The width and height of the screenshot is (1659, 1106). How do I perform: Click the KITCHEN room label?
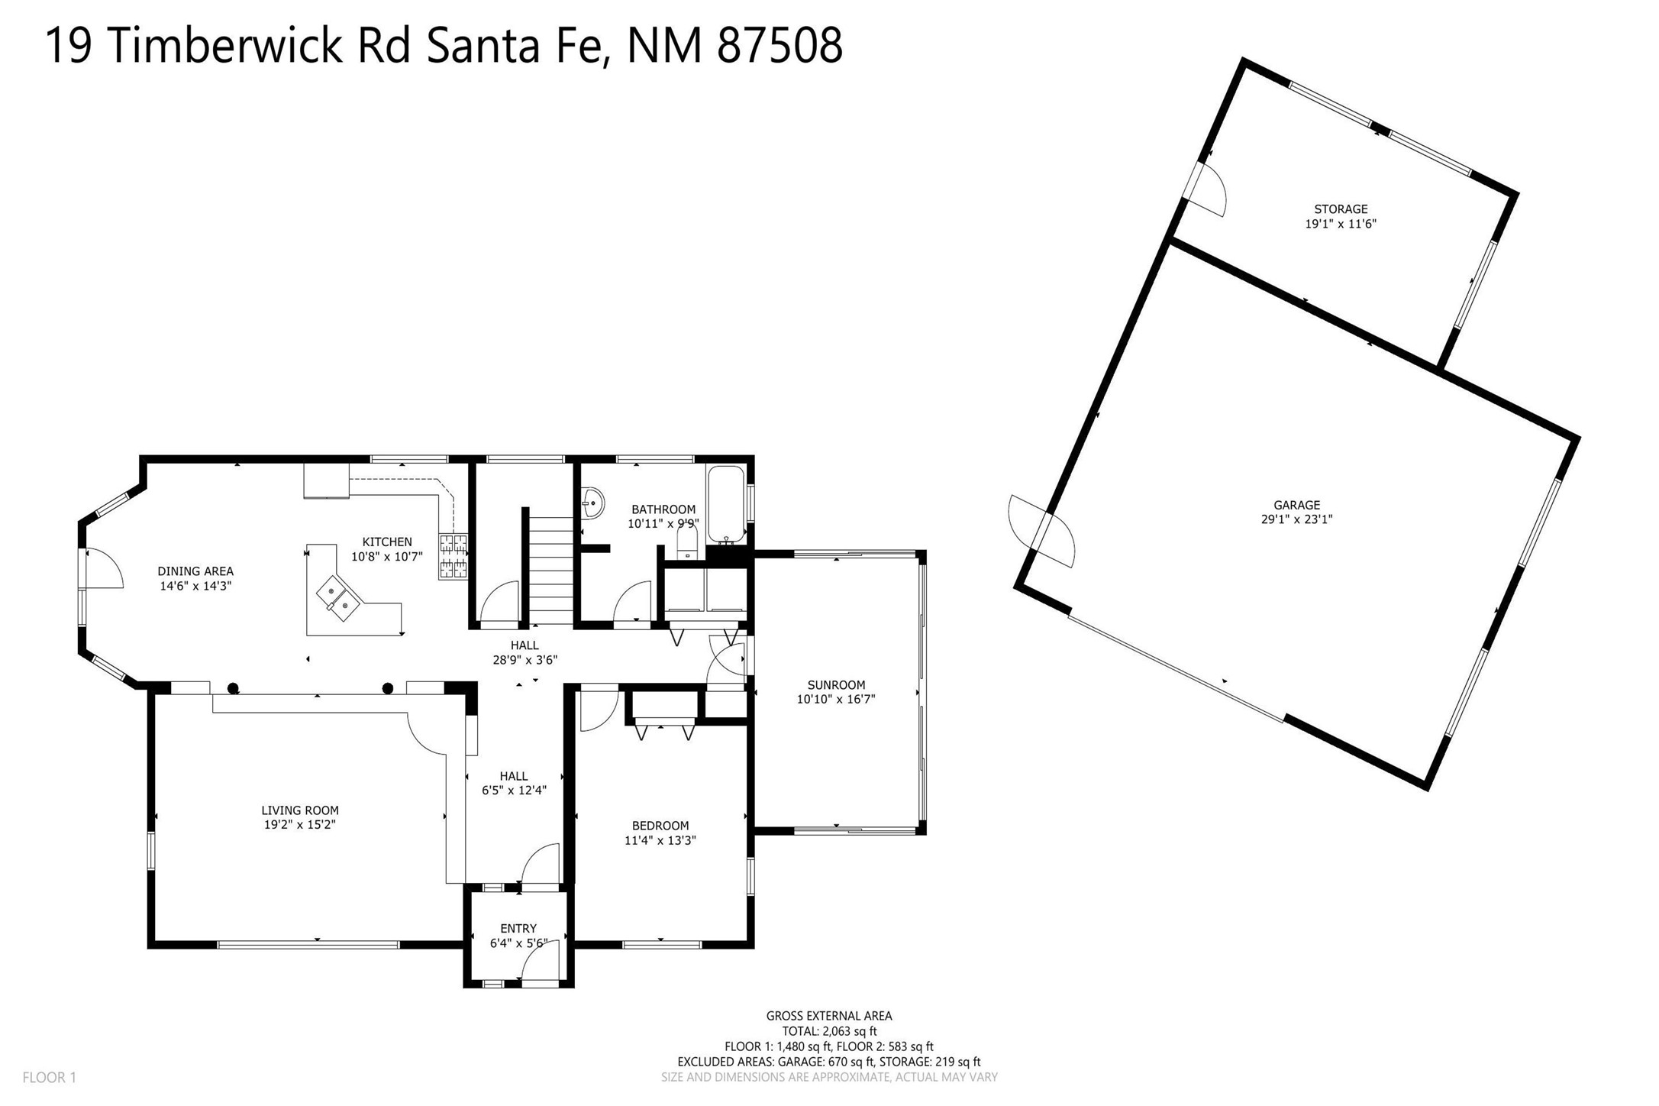pyautogui.click(x=387, y=542)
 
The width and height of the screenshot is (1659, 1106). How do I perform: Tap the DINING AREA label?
pyautogui.click(x=195, y=571)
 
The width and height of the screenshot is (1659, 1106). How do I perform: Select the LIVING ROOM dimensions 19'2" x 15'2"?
pyautogui.click(x=300, y=825)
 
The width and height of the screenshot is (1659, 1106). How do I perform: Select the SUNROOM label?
pyautogui.click(x=836, y=685)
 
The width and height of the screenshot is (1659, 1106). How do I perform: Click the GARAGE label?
pyautogui.click(x=1296, y=505)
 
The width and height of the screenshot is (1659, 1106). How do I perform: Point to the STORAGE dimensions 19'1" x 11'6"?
pyautogui.click(x=1341, y=224)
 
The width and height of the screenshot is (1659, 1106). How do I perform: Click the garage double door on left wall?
pyautogui.click(x=1042, y=532)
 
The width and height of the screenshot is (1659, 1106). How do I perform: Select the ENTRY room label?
pyautogui.click(x=518, y=929)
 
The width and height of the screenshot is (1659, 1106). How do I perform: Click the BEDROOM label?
pyautogui.click(x=660, y=826)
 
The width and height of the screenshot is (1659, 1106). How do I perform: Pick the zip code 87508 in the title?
pyautogui.click(x=780, y=45)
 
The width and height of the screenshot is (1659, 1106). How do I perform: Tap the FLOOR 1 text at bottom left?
pyautogui.click(x=50, y=1078)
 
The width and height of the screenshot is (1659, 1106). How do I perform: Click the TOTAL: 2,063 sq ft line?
pyautogui.click(x=829, y=1031)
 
